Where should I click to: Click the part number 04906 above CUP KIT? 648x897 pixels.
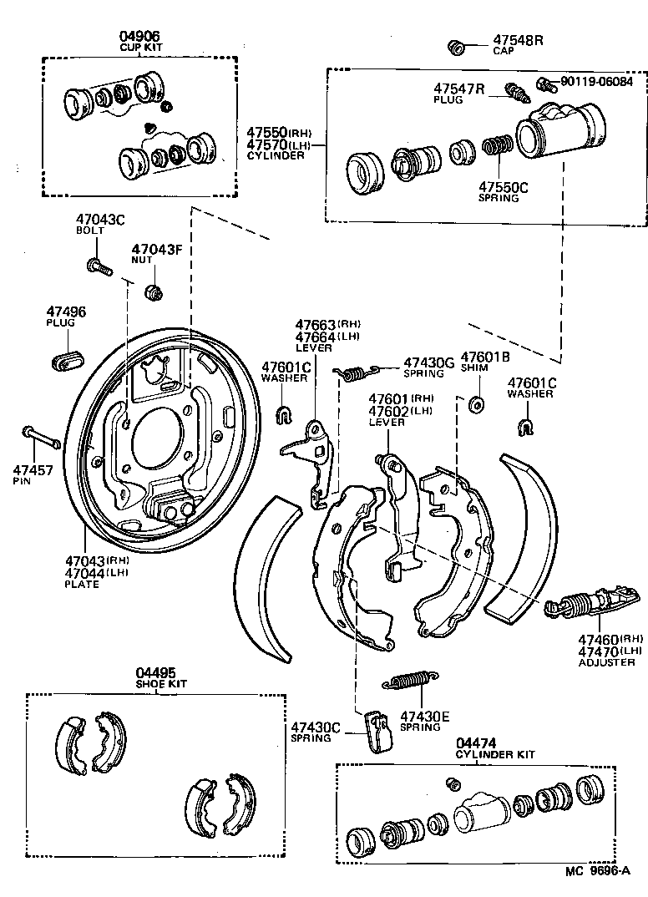[x=139, y=36]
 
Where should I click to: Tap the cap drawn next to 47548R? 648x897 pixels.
[x=456, y=47]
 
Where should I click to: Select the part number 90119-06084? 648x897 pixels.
[x=596, y=82]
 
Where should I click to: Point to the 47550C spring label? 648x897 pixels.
[x=503, y=187]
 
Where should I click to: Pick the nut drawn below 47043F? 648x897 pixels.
[x=154, y=292]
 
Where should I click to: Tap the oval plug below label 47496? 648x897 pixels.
[x=67, y=360]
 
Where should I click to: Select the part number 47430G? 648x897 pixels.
[x=428, y=362]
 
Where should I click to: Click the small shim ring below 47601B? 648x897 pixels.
[x=478, y=405]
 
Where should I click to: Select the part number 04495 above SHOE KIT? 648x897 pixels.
[x=154, y=672]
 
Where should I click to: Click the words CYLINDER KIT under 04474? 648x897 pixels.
[x=495, y=754]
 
